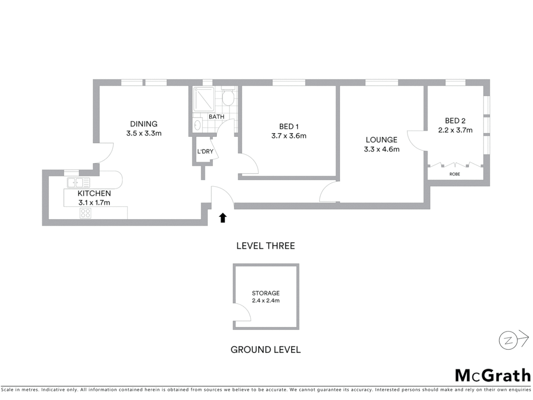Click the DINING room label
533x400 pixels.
pyautogui.click(x=144, y=124)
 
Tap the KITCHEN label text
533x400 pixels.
pyautogui.click(x=94, y=193)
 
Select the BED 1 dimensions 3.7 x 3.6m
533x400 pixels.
pyautogui.click(x=289, y=136)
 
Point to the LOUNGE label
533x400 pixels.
pyautogui.click(x=381, y=140)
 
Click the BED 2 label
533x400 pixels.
pyautogui.click(x=455, y=121)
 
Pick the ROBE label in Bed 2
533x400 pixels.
pyautogui.click(x=455, y=174)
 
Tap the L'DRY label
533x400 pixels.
pyautogui.click(x=205, y=151)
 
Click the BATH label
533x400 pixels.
pyautogui.click(x=217, y=117)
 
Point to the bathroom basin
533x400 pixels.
pyautogui.click(x=197, y=125)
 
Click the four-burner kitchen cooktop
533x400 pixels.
pyautogui.click(x=86, y=213)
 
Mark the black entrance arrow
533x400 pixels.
pyautogui.click(x=222, y=218)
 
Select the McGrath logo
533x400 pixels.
pyautogui.click(x=493, y=375)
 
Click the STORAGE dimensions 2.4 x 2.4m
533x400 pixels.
pyautogui.click(x=266, y=301)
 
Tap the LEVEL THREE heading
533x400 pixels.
pyautogui.click(x=266, y=246)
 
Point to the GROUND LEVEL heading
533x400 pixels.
pyautogui.click(x=265, y=350)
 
